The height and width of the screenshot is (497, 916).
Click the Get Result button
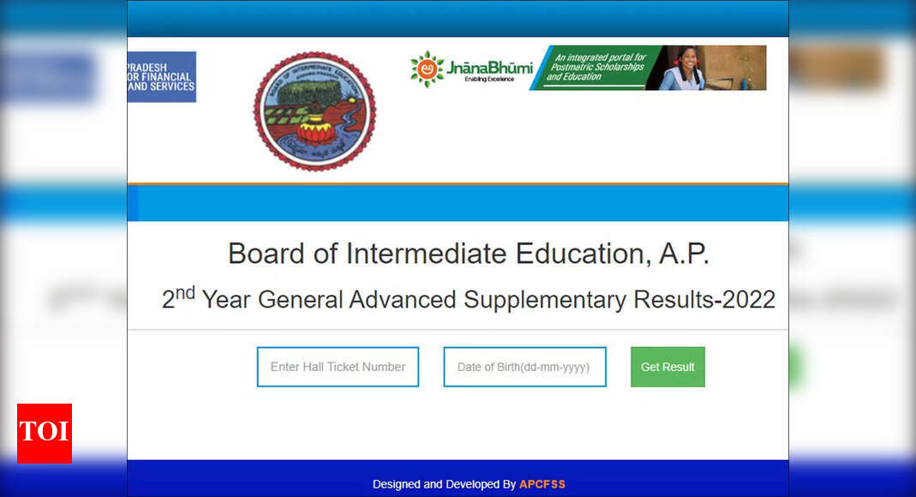pos(668,367)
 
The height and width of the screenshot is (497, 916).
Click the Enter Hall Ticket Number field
pos(338,367)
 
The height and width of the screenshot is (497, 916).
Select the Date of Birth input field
pos(524,367)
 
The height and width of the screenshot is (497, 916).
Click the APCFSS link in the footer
pos(542,484)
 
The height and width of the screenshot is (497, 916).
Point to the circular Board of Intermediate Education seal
pos(314,111)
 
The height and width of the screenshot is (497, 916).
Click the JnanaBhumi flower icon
pos(427,69)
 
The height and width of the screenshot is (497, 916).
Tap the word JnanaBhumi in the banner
pos(489,67)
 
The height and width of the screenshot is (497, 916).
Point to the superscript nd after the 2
pos(185,293)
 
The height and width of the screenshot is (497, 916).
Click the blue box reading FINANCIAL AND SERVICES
pos(161,76)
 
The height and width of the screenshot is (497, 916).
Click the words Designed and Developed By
pos(444,484)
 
